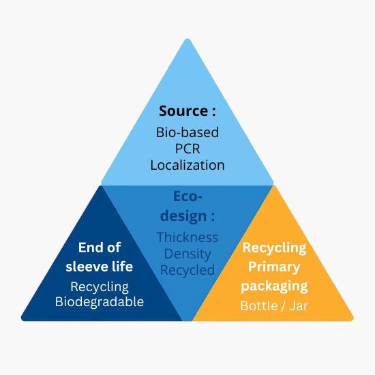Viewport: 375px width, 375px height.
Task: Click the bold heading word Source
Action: point(183,111)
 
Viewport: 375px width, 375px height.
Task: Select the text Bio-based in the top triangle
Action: point(187,132)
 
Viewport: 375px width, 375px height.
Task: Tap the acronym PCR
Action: point(187,149)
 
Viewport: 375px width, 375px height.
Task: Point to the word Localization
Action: point(187,165)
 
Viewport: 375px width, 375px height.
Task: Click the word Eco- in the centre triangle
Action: point(187,196)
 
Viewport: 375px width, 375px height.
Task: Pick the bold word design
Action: point(183,216)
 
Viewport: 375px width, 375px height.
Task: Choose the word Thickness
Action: point(187,237)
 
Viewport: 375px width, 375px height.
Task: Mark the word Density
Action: point(187,254)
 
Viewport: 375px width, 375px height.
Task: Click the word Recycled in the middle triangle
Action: point(187,270)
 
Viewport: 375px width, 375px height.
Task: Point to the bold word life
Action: point(122,266)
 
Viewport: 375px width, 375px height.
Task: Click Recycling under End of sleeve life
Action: point(100,287)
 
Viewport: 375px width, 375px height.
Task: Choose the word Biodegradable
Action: point(100,301)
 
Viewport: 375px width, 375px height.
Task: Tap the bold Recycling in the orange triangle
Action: point(274,248)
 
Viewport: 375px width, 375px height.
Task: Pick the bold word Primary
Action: point(274,267)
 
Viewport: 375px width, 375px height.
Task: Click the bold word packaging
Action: point(274,286)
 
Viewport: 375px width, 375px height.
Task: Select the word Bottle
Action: point(259,305)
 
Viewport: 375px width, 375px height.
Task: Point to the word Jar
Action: point(299,306)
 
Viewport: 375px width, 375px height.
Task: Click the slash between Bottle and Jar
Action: point(284,306)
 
